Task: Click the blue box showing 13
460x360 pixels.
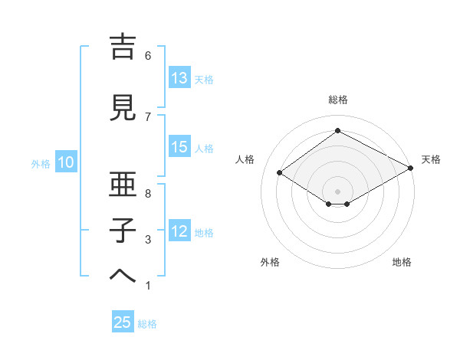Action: pyautogui.click(x=179, y=78)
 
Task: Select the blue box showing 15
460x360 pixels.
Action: pyautogui.click(x=179, y=147)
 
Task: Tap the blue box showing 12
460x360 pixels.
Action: pyautogui.click(x=179, y=231)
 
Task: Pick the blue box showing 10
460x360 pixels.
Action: pyautogui.click(x=65, y=162)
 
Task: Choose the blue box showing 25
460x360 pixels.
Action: pyautogui.click(x=123, y=322)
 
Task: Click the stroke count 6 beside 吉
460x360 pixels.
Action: pyautogui.click(x=148, y=55)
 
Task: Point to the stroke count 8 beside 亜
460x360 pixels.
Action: pyautogui.click(x=148, y=193)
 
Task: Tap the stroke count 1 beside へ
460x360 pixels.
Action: pyautogui.click(x=148, y=286)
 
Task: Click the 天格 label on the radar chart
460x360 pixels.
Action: pyautogui.click(x=431, y=159)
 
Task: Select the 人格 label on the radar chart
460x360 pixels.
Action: pyautogui.click(x=245, y=159)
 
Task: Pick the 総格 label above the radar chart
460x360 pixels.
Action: pyautogui.click(x=337, y=100)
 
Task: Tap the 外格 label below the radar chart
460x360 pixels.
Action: pyautogui.click(x=270, y=262)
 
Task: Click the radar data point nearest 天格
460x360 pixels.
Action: pyautogui.click(x=410, y=169)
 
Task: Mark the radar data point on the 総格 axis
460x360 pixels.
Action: pyautogui.click(x=337, y=131)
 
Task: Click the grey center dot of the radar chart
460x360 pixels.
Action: pyautogui.click(x=337, y=190)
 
